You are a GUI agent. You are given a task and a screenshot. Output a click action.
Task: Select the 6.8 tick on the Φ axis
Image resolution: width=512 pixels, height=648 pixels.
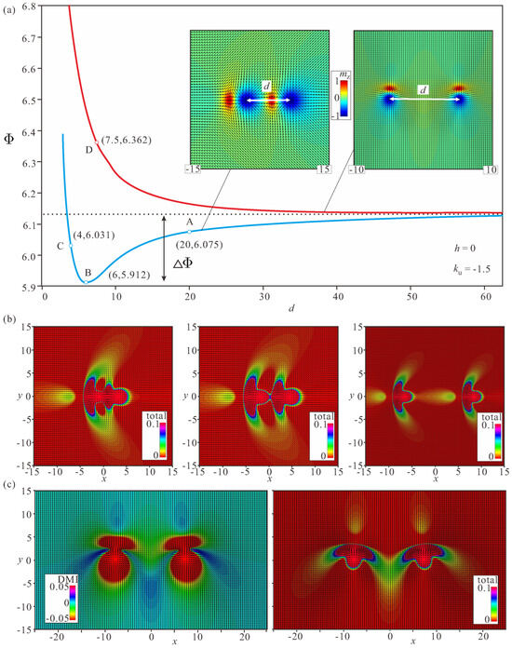(x=30, y=7)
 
